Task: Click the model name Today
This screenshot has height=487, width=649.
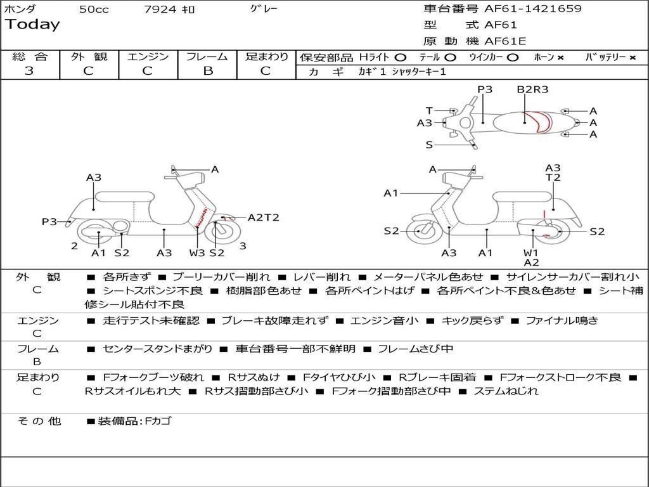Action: click(x=32, y=25)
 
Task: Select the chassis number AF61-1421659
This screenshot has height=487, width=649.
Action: click(x=532, y=9)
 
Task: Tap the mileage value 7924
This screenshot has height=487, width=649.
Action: click(x=159, y=10)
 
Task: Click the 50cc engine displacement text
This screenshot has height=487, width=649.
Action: click(x=94, y=10)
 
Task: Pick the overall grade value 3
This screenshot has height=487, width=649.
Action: click(x=29, y=70)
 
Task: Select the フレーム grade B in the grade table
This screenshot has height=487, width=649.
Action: click(x=207, y=70)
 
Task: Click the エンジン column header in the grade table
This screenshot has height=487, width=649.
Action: click(x=148, y=56)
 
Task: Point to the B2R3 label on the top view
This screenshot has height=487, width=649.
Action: click(x=532, y=89)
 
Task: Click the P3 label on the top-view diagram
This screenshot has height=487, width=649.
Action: click(x=485, y=89)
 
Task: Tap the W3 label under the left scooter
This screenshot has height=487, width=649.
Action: click(x=197, y=253)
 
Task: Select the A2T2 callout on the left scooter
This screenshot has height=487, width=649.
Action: click(x=264, y=218)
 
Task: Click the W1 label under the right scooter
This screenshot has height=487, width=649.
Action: click(x=531, y=252)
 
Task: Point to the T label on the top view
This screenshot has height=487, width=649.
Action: click(x=429, y=110)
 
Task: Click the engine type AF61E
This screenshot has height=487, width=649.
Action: click(x=505, y=41)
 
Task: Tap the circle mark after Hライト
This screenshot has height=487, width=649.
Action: click(x=401, y=57)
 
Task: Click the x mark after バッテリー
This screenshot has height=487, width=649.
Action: click(x=633, y=57)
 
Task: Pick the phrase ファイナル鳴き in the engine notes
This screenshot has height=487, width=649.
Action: click(x=562, y=320)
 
